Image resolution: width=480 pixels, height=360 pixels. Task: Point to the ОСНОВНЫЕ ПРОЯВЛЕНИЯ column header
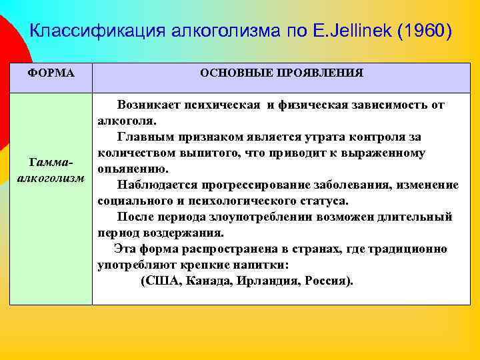pyautogui.click(x=281, y=73)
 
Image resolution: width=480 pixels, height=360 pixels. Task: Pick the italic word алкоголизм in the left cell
pyautogui.click(x=50, y=179)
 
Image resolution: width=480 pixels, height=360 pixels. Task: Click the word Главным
pyautogui.click(x=145, y=137)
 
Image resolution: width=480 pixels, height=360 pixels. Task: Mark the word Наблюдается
pyautogui.click(x=153, y=185)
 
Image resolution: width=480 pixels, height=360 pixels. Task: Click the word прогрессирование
pyautogui.click(x=243, y=185)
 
